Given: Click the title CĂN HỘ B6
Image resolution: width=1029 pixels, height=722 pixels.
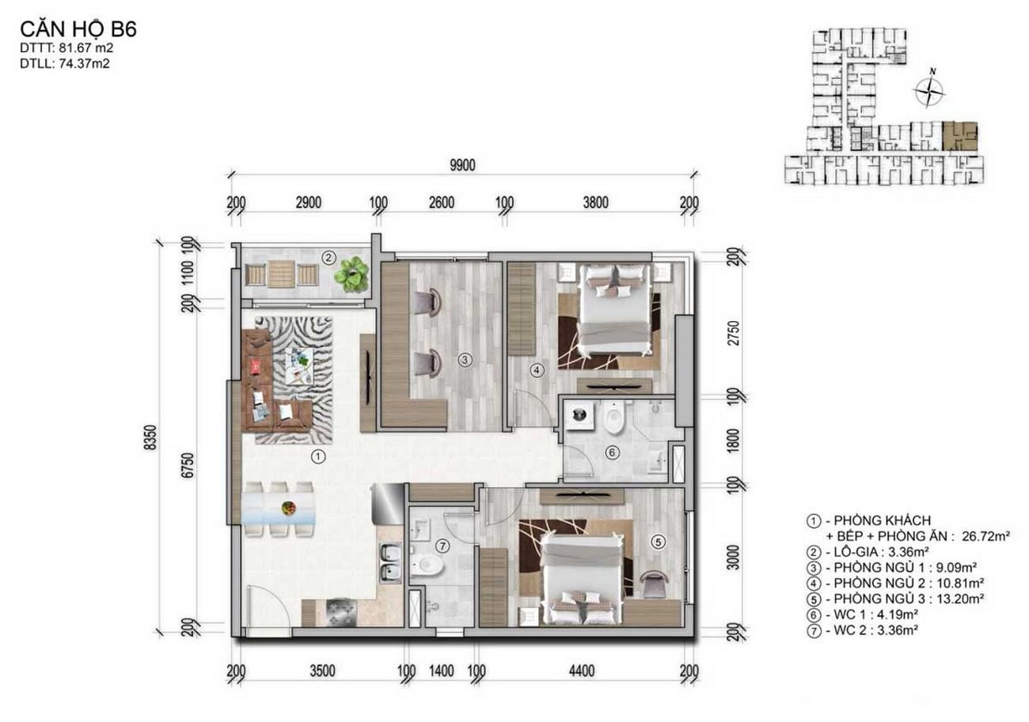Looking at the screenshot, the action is pyautogui.click(x=78, y=30).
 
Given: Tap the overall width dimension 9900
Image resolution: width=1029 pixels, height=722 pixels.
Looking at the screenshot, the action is pyautogui.click(x=462, y=165).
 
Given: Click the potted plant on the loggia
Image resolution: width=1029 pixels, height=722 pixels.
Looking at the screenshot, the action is pyautogui.click(x=351, y=274).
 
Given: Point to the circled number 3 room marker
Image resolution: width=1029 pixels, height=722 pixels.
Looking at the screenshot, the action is pyautogui.click(x=465, y=360).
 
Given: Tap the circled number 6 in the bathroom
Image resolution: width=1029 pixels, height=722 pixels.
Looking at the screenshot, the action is pyautogui.click(x=611, y=453).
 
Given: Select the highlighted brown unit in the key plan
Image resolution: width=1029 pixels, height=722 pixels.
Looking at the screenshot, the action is pyautogui.click(x=959, y=136).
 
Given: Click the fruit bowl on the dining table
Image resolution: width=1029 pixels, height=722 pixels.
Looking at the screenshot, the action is pyautogui.click(x=288, y=508).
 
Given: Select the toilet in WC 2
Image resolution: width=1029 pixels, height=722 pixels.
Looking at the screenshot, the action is pyautogui.click(x=427, y=565).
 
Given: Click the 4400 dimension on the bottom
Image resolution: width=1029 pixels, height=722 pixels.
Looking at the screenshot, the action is pyautogui.click(x=582, y=671).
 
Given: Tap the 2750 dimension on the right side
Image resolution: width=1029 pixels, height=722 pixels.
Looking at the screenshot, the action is pyautogui.click(x=735, y=334).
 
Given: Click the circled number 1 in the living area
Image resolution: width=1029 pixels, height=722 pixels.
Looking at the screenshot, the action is pyautogui.click(x=318, y=457).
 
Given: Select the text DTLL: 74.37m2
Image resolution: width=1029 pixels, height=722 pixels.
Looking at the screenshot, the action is pyautogui.click(x=65, y=64).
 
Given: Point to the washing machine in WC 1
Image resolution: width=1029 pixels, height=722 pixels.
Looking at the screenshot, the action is pyautogui.click(x=579, y=415).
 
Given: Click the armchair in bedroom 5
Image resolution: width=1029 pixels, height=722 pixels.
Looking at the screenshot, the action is pyautogui.click(x=654, y=584).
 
